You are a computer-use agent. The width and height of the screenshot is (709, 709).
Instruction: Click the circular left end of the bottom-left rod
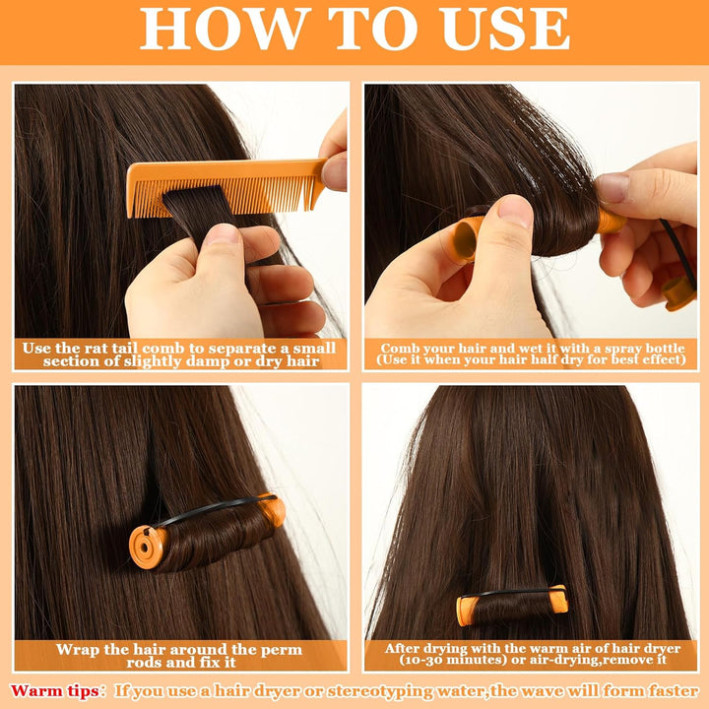pos(146,545)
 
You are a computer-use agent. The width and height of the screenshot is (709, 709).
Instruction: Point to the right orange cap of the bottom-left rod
pos(273,509)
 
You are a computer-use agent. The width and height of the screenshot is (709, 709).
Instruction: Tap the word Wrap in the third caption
pos(76,650)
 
